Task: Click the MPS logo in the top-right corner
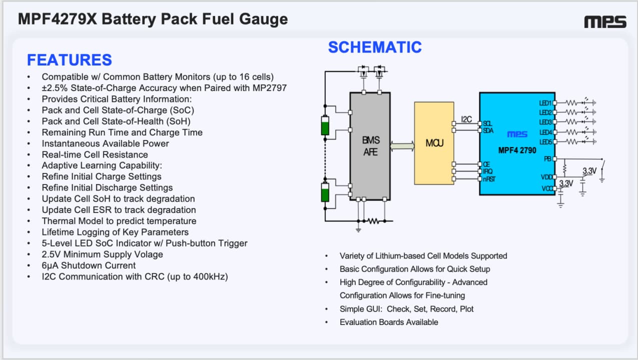(605, 21)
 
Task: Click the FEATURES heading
(70, 60)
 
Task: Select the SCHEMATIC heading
(375, 47)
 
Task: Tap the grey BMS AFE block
(370, 146)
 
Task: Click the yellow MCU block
(434, 143)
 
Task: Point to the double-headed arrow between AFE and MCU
(402, 146)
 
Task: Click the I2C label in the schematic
(466, 119)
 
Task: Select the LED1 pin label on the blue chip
(545, 103)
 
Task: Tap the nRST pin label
(489, 179)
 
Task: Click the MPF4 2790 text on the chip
(517, 150)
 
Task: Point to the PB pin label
(547, 159)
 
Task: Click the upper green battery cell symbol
(325, 125)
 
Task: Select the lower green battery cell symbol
(325, 192)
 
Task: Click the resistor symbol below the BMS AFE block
(373, 221)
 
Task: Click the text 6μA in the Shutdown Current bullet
(50, 265)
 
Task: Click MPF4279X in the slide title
(58, 19)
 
